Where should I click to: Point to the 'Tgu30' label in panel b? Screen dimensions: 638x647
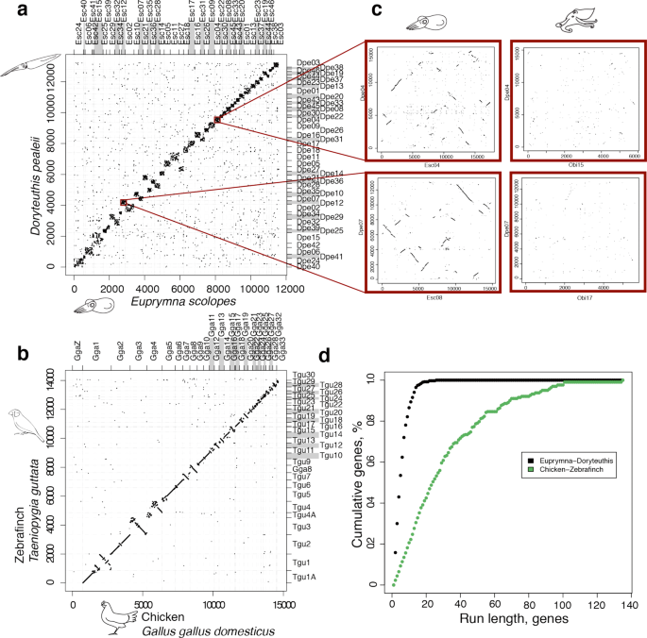tap(302, 376)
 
